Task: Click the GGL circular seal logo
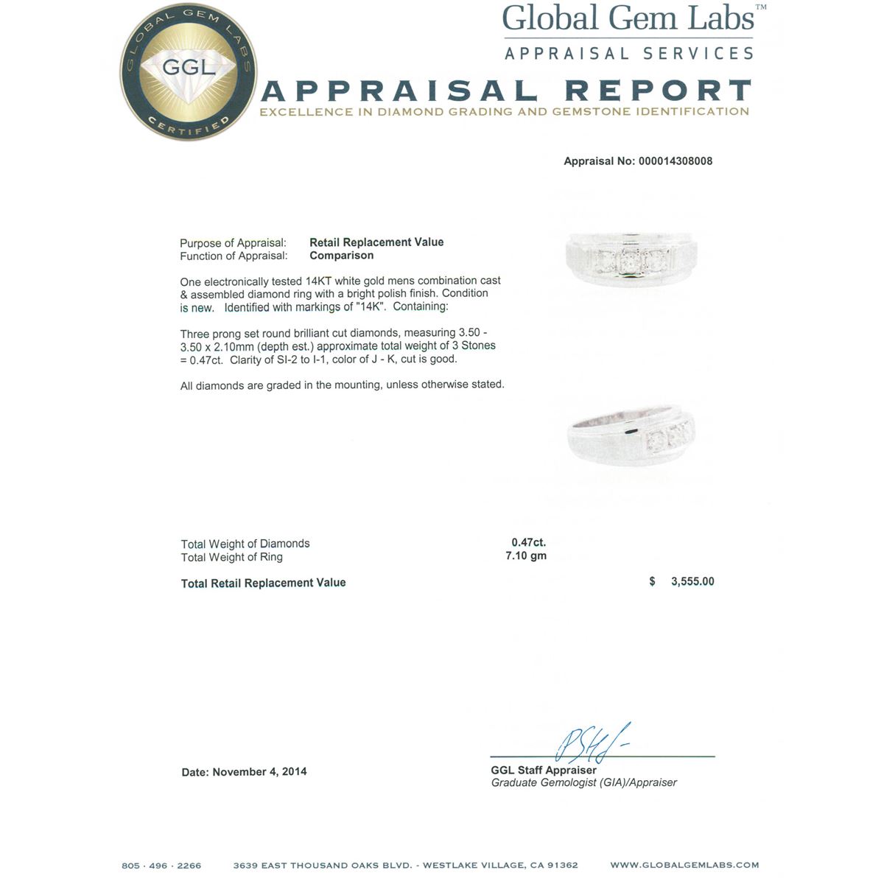(x=189, y=71)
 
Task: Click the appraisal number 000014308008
(x=674, y=161)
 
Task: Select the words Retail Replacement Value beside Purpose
(x=376, y=242)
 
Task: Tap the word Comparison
(x=341, y=256)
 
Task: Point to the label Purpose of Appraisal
(x=233, y=243)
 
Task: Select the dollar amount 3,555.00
(x=692, y=581)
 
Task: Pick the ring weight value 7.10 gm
(x=526, y=556)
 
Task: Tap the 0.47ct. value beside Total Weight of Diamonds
(x=528, y=543)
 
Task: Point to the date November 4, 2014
(x=259, y=772)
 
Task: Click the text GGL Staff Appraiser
(x=544, y=770)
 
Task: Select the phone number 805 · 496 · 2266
(x=161, y=866)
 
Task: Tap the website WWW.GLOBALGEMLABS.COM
(x=684, y=866)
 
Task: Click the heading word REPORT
(x=657, y=91)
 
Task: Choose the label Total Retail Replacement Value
(x=263, y=583)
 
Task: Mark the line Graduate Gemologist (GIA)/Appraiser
(x=583, y=783)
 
